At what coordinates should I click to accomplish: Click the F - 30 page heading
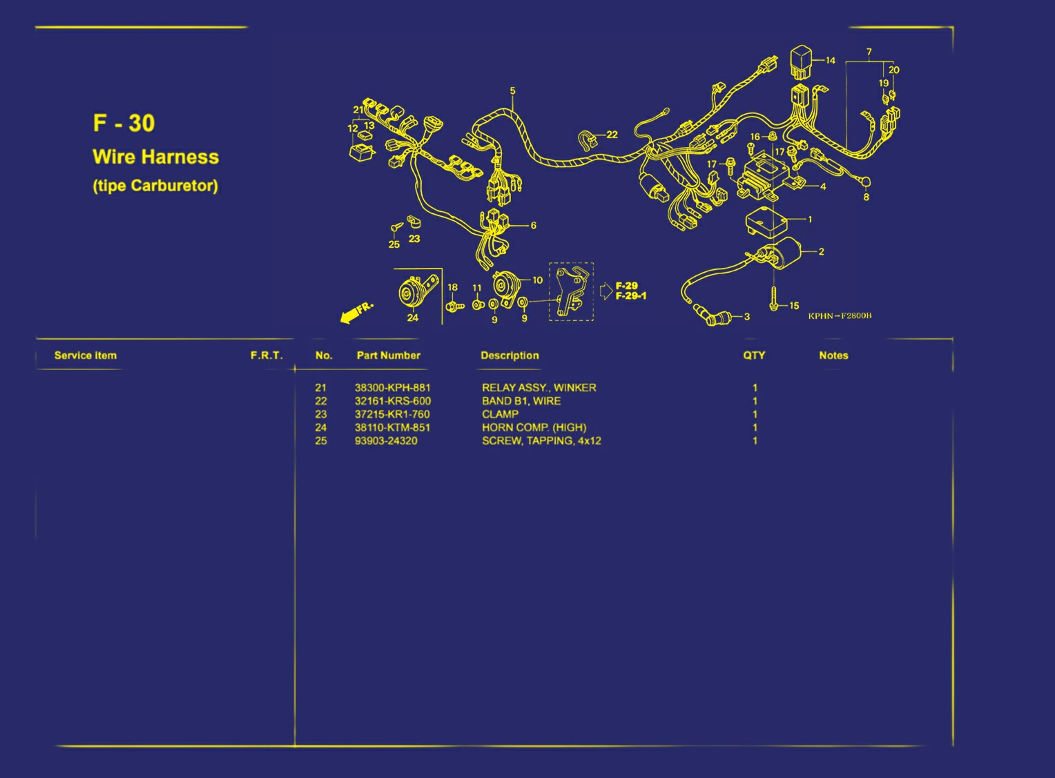coord(124,123)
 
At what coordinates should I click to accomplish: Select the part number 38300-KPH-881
coord(392,387)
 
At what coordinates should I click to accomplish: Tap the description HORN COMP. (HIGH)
coord(534,427)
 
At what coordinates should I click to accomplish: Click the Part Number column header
coord(389,356)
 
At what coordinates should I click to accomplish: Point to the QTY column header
coord(754,356)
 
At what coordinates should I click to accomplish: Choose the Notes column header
coord(833,356)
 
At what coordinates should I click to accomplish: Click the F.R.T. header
coord(267,356)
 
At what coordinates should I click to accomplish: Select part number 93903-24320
coord(386,441)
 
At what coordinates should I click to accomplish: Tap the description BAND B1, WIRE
coord(521,401)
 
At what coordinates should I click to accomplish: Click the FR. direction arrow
coord(356,313)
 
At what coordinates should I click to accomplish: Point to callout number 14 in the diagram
coord(831,60)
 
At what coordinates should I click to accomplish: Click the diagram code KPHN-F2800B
coord(840,316)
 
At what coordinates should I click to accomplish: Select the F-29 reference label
coord(626,286)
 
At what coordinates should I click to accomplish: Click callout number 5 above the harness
coord(512,90)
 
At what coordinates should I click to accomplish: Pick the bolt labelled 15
coord(773,298)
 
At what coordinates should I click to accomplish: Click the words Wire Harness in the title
coord(156,157)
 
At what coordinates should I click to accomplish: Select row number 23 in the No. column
coord(321,414)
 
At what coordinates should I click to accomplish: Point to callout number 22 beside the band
coord(612,135)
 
